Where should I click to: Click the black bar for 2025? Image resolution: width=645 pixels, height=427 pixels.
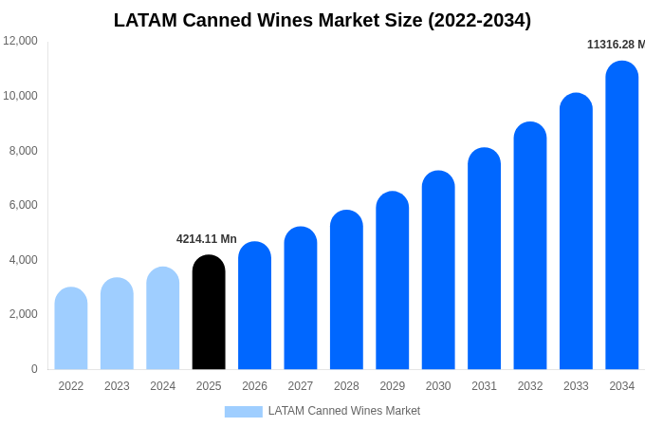(x=209, y=312)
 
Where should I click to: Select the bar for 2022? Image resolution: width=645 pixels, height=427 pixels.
(x=71, y=328)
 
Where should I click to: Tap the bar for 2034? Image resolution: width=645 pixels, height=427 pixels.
(x=622, y=214)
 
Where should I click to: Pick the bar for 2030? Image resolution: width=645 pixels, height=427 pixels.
(x=438, y=269)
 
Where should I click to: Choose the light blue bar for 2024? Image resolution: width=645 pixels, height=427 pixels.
(x=163, y=318)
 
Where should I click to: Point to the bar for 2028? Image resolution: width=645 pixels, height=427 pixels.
(x=347, y=289)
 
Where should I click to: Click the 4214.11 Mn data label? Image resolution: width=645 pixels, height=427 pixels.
(x=207, y=239)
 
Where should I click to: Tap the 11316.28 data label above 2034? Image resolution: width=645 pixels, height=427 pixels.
(x=616, y=45)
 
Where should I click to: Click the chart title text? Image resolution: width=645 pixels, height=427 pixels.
(x=322, y=20)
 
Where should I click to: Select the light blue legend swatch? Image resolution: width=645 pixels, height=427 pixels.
(x=244, y=412)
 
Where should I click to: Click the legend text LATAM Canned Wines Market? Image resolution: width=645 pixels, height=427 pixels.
(x=344, y=411)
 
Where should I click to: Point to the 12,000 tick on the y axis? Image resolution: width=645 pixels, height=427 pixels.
(x=20, y=41)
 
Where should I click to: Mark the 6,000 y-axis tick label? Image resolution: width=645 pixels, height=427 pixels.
(x=23, y=205)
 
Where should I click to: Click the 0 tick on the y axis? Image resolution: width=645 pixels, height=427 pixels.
(x=34, y=369)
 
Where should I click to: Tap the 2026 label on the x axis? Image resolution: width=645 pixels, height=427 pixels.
(x=254, y=386)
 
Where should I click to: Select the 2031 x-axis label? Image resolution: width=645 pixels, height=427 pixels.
(x=484, y=386)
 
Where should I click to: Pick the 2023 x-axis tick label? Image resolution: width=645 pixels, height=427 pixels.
(x=117, y=386)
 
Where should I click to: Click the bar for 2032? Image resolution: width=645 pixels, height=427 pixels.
(x=530, y=246)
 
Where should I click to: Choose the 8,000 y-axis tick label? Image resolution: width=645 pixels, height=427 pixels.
(x=23, y=151)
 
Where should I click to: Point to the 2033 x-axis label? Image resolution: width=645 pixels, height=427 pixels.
(x=576, y=386)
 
